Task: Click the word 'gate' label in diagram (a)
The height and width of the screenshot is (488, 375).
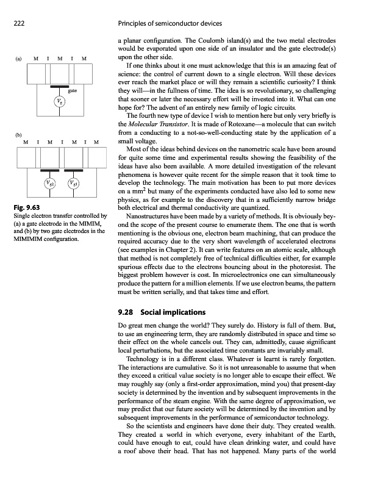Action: [x=71, y=90]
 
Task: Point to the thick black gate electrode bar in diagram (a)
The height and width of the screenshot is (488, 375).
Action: [x=59, y=86]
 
